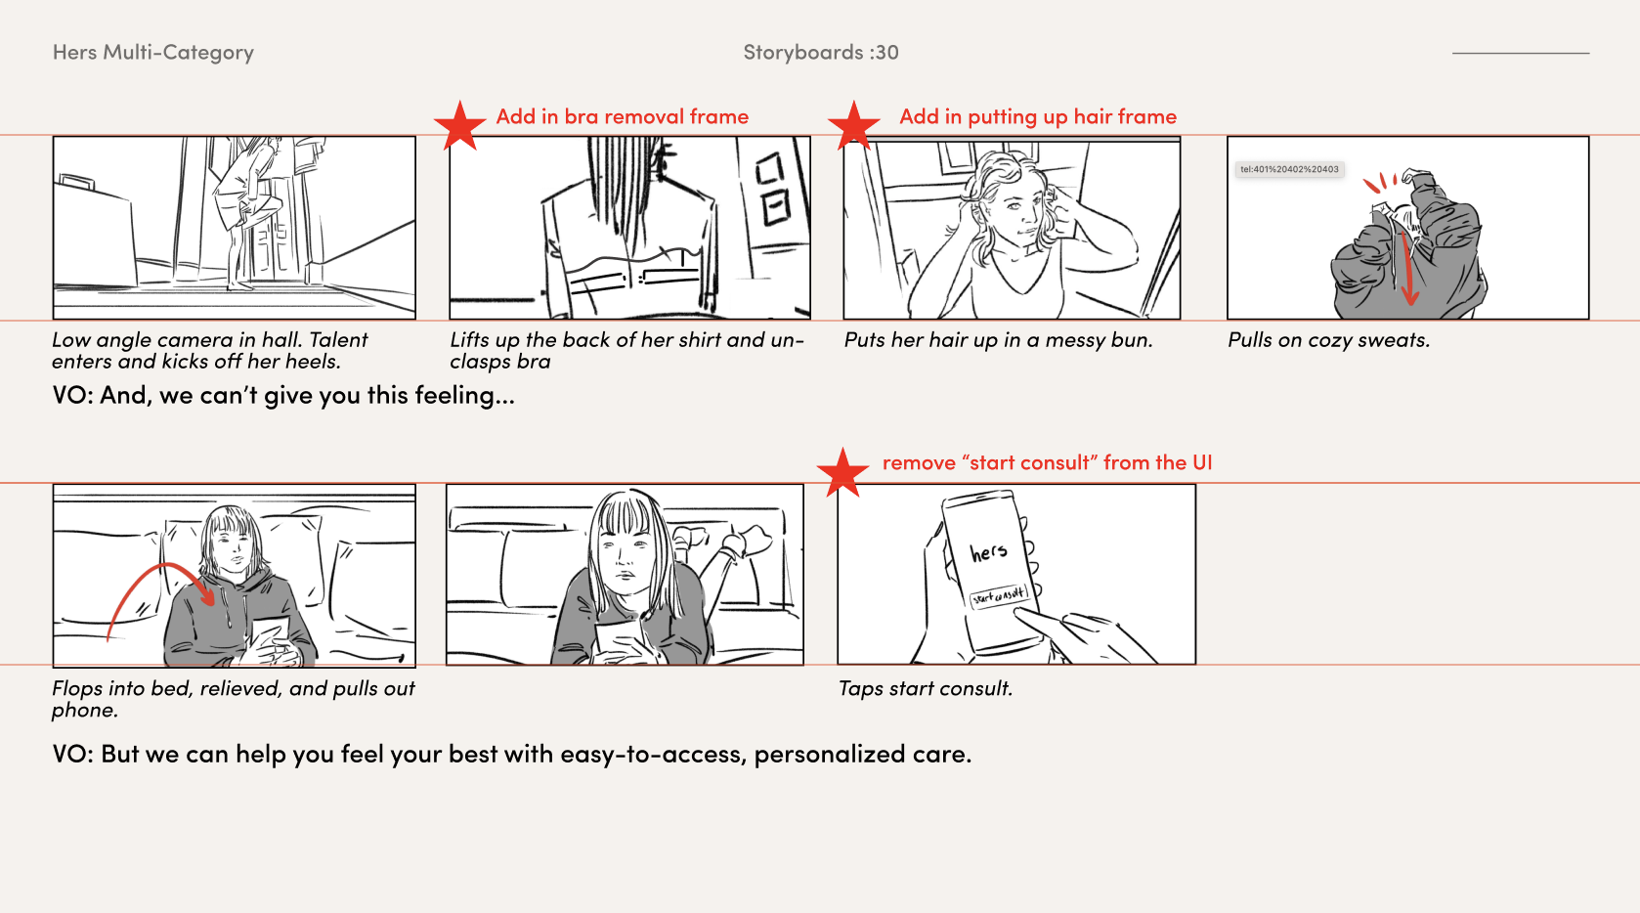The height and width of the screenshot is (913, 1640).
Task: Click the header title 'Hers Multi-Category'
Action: [153, 52]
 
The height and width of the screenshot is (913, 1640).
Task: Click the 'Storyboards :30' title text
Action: [821, 52]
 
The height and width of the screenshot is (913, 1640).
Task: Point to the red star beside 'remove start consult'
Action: [842, 472]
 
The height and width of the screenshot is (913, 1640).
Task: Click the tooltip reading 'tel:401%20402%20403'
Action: [1289, 169]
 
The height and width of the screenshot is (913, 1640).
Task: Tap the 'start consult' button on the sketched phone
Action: [999, 596]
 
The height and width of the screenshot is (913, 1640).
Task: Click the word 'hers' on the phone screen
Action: [988, 551]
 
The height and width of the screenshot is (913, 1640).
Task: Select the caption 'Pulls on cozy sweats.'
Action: [1328, 340]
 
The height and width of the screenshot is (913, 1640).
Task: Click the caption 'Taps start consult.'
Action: [926, 688]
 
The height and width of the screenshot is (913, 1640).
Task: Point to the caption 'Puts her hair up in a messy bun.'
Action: [998, 340]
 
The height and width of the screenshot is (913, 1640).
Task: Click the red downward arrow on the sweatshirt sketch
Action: [1406, 268]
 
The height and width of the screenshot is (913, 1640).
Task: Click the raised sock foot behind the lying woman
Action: [747, 542]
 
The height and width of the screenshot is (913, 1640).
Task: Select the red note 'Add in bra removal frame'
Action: [623, 116]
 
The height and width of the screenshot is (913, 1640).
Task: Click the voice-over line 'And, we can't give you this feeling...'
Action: [308, 395]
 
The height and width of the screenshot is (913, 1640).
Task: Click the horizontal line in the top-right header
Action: [1521, 53]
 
